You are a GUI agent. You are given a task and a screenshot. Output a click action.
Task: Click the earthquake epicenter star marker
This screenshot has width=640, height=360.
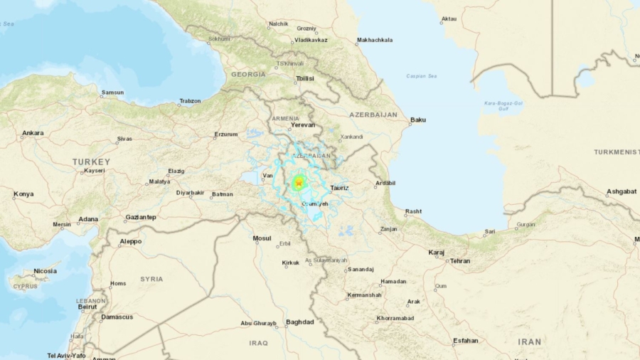click(x=299, y=184)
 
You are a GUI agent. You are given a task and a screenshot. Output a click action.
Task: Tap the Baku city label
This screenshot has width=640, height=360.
click(x=418, y=120)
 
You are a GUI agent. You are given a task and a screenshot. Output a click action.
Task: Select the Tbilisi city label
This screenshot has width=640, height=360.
click(x=304, y=78)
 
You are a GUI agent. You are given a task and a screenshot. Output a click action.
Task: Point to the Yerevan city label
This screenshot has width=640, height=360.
click(x=302, y=125)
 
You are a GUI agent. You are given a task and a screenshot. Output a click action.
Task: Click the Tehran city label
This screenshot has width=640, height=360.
click(x=460, y=261)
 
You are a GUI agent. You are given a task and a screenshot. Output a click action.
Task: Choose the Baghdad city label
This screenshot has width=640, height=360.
click(x=299, y=322)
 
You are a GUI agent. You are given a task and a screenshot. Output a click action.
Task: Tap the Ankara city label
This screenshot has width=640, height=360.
click(x=33, y=133)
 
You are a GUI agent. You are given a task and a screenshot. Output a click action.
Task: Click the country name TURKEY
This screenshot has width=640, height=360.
click(x=91, y=162)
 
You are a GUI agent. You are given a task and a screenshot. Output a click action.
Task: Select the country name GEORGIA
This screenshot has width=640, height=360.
click(x=248, y=74)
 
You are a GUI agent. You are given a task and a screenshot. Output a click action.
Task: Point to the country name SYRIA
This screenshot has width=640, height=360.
click(x=151, y=279)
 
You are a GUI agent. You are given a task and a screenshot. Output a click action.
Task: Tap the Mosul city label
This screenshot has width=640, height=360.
click(x=262, y=238)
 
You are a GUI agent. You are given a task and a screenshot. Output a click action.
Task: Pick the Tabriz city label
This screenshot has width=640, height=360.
click(x=340, y=188)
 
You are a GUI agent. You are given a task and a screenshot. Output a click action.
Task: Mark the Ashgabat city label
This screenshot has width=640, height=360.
click(x=622, y=191)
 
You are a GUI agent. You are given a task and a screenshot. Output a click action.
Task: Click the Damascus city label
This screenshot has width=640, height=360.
click(x=117, y=317)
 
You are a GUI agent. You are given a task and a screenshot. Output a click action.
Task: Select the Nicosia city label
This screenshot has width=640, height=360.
click(x=45, y=270)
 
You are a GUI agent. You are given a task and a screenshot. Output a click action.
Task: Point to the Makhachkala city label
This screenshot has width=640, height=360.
click(x=374, y=40)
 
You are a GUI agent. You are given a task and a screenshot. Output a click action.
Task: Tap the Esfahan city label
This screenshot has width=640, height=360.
click(x=465, y=341)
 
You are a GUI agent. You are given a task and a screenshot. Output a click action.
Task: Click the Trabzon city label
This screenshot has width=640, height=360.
click(x=189, y=101)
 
